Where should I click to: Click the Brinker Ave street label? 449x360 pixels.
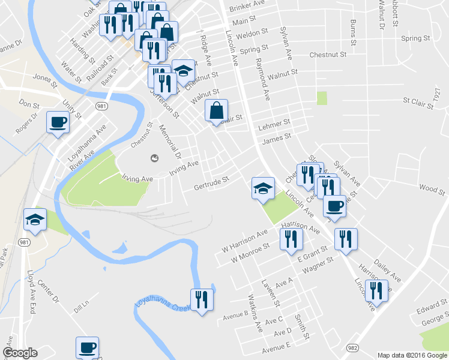click(247, 4)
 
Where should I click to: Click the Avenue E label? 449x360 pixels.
click(276, 346)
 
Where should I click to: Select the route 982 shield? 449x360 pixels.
click(353, 347)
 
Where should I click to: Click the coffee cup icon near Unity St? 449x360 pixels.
click(58, 123)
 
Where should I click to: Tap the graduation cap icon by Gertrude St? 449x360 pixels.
click(263, 188)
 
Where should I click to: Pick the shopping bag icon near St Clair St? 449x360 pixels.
click(217, 110)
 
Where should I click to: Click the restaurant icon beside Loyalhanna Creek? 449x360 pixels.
click(201, 299)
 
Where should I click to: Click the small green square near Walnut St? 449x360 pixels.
click(322, 98)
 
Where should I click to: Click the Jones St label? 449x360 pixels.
click(44, 77)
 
